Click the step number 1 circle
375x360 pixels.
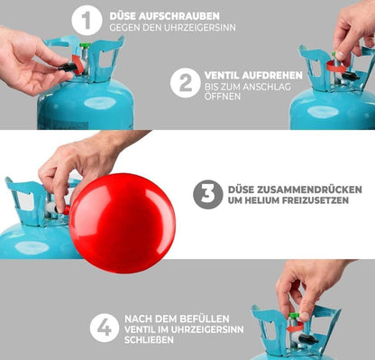coord(87,20)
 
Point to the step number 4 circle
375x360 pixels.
coord(105,327)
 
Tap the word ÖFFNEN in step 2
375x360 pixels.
coord(223,97)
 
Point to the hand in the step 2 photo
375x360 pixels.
coord(353,27)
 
